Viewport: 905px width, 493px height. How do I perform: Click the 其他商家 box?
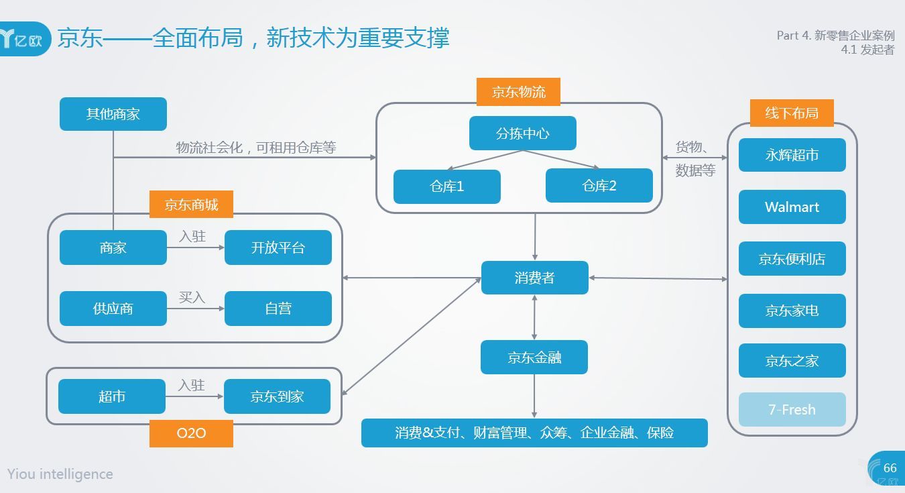pos(113,114)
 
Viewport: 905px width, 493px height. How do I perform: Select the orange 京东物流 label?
pos(518,93)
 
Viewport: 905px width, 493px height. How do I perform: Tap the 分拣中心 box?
pos(522,133)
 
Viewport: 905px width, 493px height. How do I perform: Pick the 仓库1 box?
pos(446,186)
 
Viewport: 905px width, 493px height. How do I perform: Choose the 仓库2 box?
pos(599,186)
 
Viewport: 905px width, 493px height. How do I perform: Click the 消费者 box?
pos(534,278)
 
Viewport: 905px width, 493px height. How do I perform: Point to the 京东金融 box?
pos(534,358)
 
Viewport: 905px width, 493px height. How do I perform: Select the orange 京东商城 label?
pos(191,205)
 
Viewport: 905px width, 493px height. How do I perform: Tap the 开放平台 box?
pos(278,248)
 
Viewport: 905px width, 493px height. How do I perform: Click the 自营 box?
pos(278,309)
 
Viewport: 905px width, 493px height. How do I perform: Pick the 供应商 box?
pos(113,309)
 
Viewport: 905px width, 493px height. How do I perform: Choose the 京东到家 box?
pos(277,396)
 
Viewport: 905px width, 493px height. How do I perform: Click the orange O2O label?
pos(191,433)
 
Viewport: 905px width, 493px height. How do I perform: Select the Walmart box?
pos(792,207)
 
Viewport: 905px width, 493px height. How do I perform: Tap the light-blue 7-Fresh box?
pos(792,410)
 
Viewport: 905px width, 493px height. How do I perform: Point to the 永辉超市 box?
pos(792,155)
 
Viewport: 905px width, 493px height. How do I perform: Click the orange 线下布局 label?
pos(792,113)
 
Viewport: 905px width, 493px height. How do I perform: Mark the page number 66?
pos(890,468)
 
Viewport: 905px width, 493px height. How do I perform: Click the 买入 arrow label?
pos(192,297)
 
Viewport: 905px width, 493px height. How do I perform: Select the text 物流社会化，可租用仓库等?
pos(255,148)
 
